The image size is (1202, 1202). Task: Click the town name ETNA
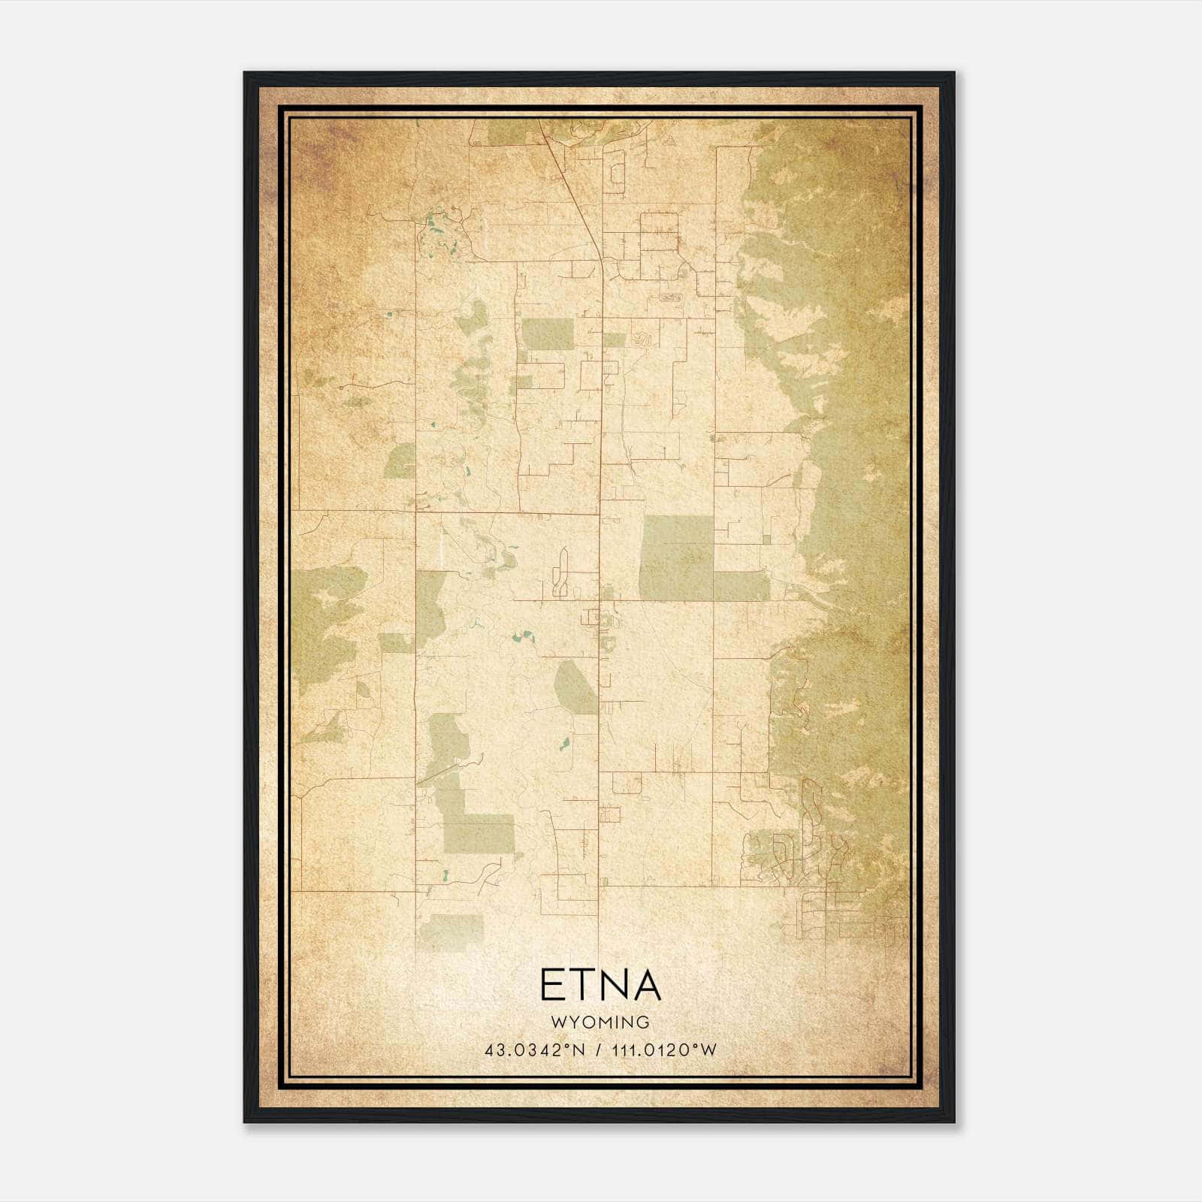[600, 986]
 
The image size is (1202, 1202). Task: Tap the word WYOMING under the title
[600, 1022]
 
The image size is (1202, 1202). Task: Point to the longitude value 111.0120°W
[664, 1049]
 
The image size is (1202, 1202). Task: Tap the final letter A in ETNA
[646, 986]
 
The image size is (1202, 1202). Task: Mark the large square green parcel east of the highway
[676, 557]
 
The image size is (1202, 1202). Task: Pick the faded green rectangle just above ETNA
[452, 932]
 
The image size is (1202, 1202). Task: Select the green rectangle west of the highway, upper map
[547, 334]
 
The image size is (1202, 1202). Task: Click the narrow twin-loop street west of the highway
[560, 572]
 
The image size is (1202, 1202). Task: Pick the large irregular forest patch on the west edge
[327, 624]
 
